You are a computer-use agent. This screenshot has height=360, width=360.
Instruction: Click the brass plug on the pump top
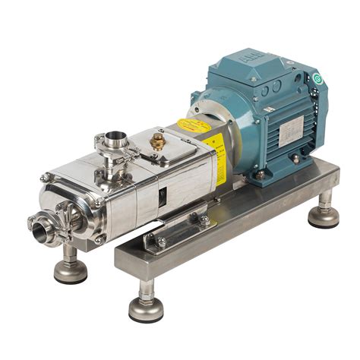(157, 141)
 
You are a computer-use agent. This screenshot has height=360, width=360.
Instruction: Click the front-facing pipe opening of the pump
(36, 225)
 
